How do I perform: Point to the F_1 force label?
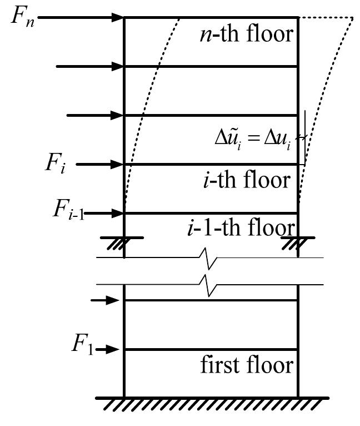82,345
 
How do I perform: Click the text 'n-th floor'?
246,34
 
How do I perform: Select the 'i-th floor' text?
246,180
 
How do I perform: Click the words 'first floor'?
246,365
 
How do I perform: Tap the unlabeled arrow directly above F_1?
105,301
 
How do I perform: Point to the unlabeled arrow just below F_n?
89,67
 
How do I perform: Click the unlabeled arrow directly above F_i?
94,116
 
